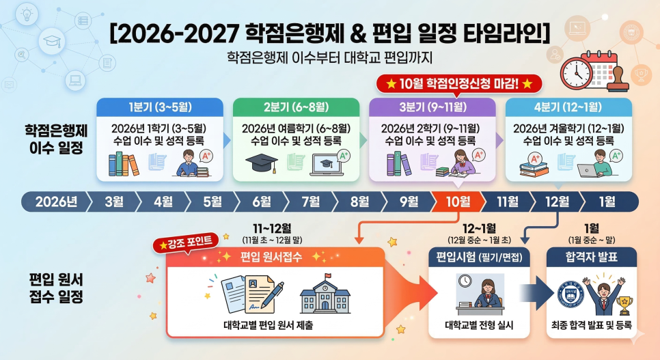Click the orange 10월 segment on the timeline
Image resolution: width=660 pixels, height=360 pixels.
tap(458, 202)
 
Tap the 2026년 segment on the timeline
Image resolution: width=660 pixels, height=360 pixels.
tap(55, 202)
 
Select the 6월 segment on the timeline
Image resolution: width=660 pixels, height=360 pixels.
tap(262, 202)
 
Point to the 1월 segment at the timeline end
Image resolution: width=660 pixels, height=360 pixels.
tap(606, 202)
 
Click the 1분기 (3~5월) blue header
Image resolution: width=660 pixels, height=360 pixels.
tap(160, 107)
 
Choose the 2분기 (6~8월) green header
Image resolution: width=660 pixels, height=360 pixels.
tap(296, 107)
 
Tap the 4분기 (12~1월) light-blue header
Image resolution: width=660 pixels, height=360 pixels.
tap(568, 107)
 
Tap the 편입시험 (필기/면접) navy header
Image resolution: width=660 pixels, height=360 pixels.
tap(478, 258)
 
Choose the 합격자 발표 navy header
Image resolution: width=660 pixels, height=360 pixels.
tap(592, 258)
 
